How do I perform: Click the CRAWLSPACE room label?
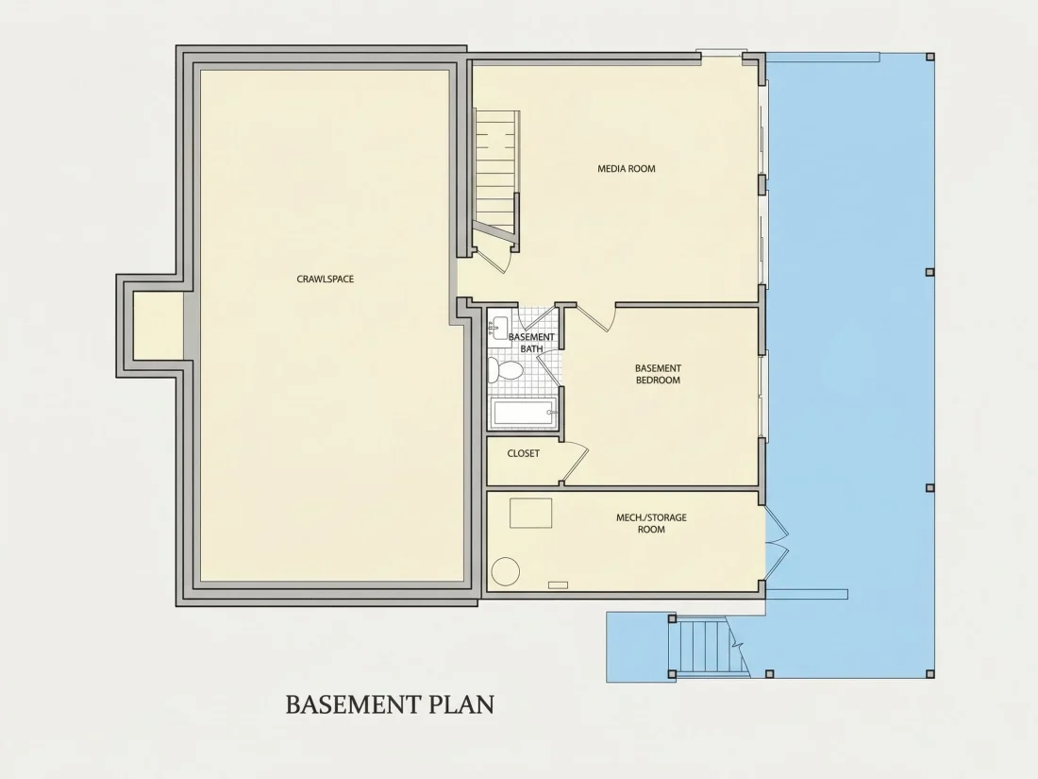325,279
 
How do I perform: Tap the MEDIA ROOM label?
627,169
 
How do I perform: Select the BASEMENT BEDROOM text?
658,374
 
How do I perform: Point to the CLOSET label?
523,454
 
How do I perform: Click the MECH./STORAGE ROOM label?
651,523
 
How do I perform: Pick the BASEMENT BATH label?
531,343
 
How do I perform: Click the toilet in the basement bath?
505,369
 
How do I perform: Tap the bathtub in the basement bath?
524,414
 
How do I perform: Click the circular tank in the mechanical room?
505,571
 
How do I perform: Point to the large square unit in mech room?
531,513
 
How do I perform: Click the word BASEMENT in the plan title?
352,704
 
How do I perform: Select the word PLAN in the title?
462,704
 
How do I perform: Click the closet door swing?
575,462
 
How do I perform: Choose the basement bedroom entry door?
595,317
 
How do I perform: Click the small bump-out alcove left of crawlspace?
158,327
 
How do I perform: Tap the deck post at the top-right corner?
930,57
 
